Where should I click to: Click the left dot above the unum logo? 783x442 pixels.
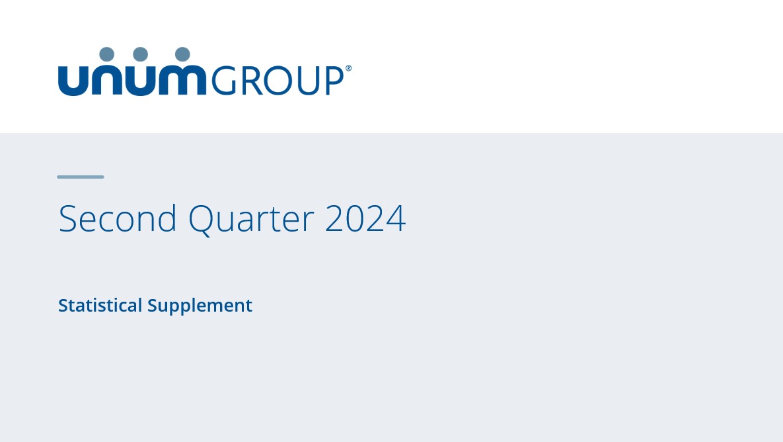pyautogui.click(x=106, y=55)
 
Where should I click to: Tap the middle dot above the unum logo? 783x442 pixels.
pyautogui.click(x=140, y=55)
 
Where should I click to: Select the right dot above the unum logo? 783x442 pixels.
pyautogui.click(x=182, y=55)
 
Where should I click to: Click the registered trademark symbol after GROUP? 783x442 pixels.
pyautogui.click(x=348, y=68)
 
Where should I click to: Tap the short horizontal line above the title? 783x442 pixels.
pyautogui.click(x=81, y=177)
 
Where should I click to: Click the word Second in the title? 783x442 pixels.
pyautogui.click(x=118, y=218)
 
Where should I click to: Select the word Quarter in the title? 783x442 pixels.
pyautogui.click(x=250, y=218)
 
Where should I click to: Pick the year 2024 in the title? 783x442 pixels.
pyautogui.click(x=365, y=218)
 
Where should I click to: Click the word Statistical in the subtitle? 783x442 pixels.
pyautogui.click(x=100, y=305)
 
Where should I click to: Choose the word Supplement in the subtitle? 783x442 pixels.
pyautogui.click(x=200, y=306)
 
